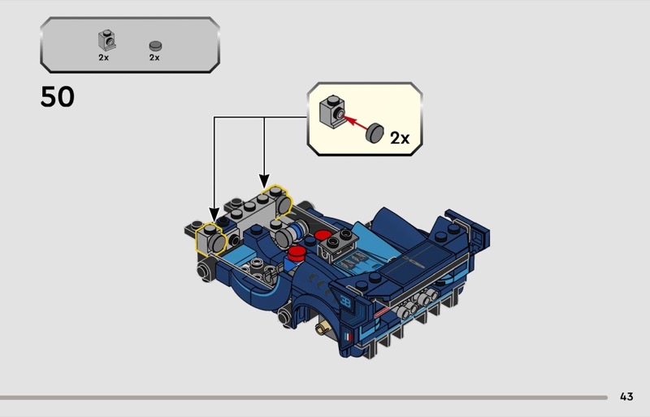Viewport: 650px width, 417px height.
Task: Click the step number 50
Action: [x=57, y=97]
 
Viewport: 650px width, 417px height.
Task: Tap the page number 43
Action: [x=626, y=397]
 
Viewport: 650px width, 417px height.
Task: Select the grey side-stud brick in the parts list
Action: [x=106, y=41]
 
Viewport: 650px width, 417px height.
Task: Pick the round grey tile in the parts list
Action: [x=155, y=46]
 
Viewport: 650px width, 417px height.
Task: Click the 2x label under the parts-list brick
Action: [x=104, y=58]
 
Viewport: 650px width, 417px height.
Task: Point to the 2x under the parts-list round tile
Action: [x=154, y=58]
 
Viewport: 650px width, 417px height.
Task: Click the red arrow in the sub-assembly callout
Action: [x=356, y=124]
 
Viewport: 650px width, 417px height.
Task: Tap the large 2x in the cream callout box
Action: [x=400, y=137]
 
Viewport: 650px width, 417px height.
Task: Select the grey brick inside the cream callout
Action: [x=333, y=111]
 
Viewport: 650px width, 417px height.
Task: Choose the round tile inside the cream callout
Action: [x=375, y=132]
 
